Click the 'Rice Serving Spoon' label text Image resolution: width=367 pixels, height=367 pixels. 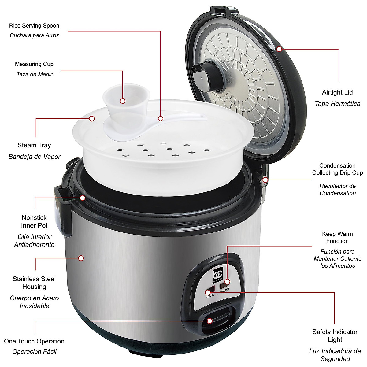click(34, 26)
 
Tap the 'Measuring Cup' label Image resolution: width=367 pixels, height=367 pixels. click(34, 64)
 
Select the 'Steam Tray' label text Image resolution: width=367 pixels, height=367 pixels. click(34, 145)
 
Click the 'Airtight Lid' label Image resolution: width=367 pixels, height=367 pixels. click(337, 92)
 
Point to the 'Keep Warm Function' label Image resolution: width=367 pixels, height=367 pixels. click(337, 238)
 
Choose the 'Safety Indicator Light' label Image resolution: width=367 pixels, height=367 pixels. click(335, 335)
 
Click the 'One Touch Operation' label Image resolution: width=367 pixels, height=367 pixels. click(34, 341)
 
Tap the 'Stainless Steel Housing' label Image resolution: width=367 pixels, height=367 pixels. click(34, 283)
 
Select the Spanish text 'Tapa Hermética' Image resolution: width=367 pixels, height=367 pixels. click(337, 104)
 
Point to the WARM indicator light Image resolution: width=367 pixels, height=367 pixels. click(223, 286)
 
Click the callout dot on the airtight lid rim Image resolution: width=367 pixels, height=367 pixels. click(279, 49)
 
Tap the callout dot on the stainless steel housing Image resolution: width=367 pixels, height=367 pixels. click(81, 258)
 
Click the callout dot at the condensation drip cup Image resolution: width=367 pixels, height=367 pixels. click(265, 180)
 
